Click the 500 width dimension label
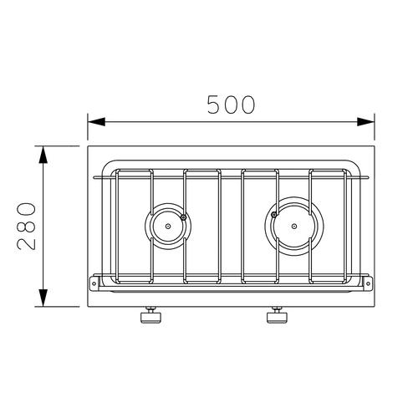231,104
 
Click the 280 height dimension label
27,226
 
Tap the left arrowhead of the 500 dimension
96,122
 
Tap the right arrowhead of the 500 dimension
365,122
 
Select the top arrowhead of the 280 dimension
43,155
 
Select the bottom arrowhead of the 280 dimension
43,298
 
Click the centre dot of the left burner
168,226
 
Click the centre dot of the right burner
294,226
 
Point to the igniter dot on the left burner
183,217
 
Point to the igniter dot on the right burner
274,214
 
